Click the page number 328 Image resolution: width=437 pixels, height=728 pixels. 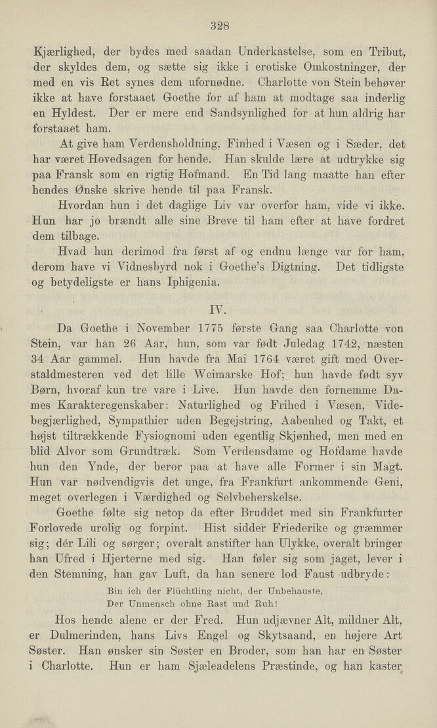(x=219, y=26)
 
